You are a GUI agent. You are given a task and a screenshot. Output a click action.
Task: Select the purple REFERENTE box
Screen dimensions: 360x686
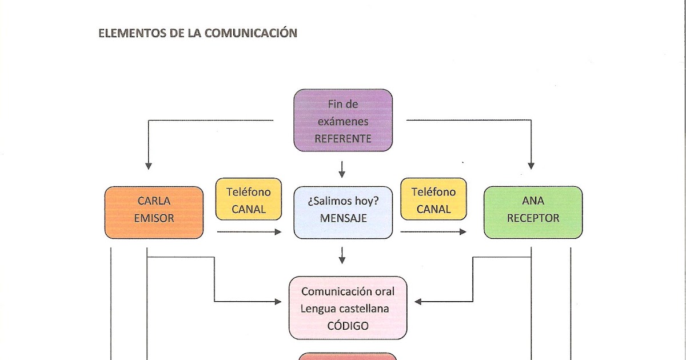coord(343,120)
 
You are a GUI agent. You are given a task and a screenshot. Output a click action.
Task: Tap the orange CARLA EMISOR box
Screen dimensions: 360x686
coord(154,212)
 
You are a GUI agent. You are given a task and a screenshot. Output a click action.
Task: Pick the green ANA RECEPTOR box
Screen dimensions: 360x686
coord(533,212)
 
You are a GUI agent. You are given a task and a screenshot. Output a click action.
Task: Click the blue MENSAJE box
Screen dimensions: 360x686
coord(343,212)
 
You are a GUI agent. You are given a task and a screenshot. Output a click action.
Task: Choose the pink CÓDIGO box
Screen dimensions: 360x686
coord(348,308)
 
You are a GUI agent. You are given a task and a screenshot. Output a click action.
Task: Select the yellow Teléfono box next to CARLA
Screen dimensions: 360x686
coord(249,199)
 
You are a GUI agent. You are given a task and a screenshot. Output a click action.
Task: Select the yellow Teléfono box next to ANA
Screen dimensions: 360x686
coord(433,199)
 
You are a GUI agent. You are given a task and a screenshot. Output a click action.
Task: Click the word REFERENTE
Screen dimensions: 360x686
coord(343,139)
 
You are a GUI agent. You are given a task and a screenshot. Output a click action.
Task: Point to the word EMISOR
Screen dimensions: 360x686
coord(154,218)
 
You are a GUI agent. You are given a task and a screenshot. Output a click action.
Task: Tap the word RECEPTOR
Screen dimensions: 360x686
coord(533,218)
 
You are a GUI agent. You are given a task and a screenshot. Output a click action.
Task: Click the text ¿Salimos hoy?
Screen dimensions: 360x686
coord(343,201)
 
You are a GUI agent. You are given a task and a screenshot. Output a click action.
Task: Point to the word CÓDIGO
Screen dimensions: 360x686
coord(348,326)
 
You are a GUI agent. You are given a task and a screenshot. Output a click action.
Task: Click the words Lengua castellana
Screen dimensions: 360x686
coord(345,309)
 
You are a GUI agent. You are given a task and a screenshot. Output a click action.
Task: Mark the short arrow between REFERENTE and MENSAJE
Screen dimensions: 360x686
coord(342,169)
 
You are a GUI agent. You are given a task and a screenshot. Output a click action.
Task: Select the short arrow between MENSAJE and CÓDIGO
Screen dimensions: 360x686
coord(342,255)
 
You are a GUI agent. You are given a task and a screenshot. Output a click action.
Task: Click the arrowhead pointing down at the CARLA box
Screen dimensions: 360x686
coord(149,166)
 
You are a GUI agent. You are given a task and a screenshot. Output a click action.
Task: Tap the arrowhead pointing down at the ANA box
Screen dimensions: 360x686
coord(531,166)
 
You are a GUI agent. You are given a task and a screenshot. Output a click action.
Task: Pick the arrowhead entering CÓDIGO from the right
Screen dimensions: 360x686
coord(418,301)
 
